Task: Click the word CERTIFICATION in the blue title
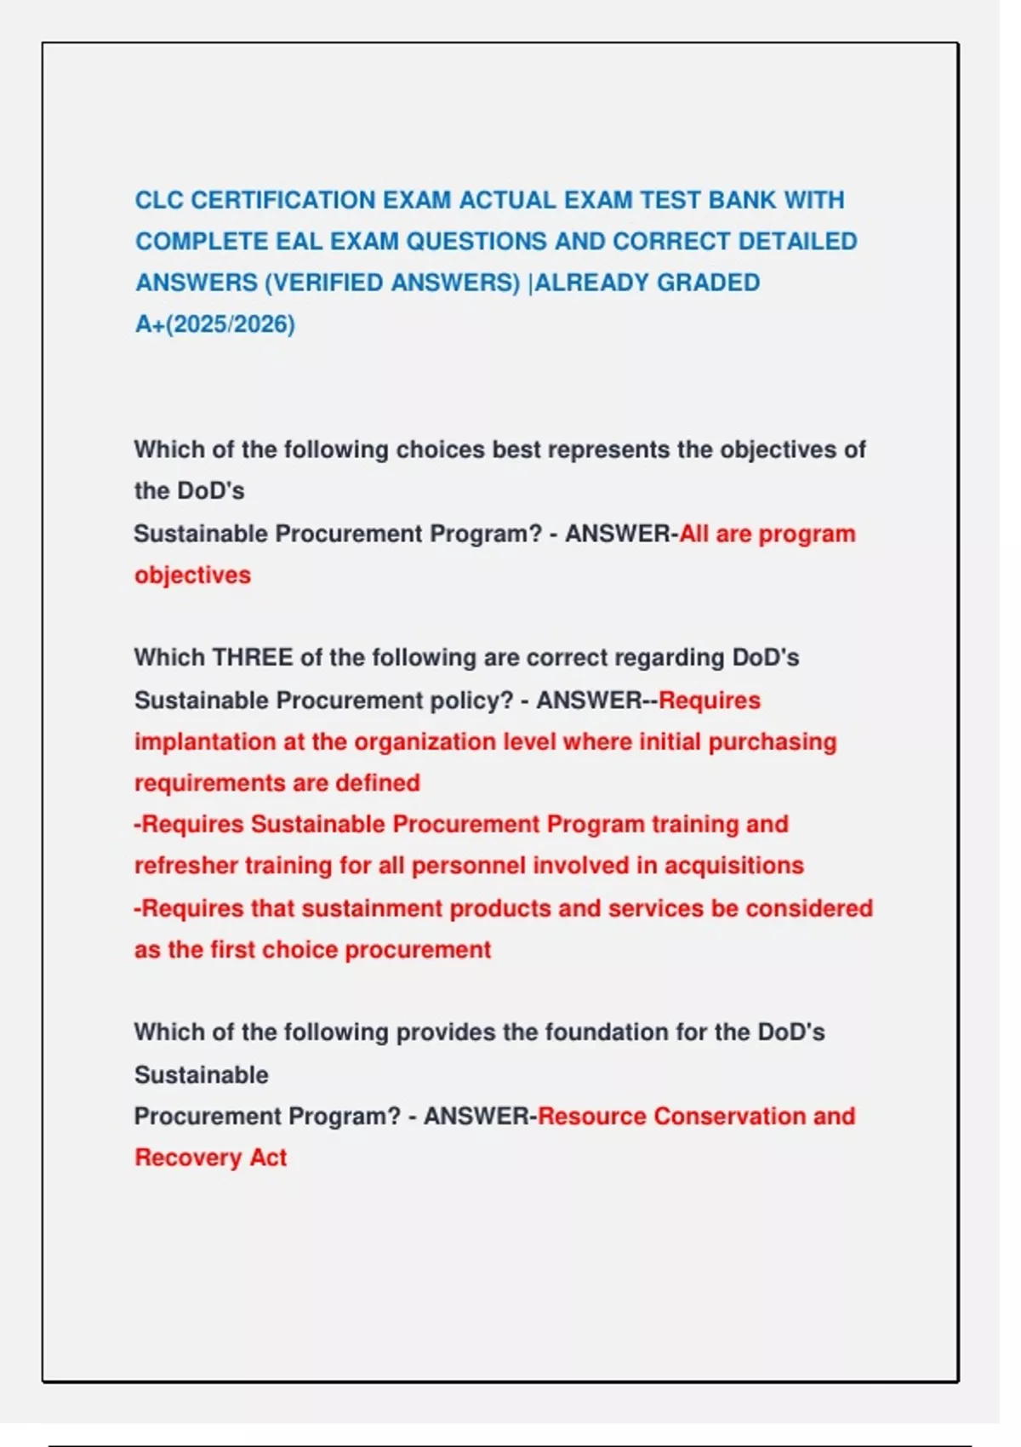pyautogui.click(x=282, y=200)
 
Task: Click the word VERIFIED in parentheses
pyautogui.click(x=328, y=283)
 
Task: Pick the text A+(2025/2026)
pyautogui.click(x=215, y=324)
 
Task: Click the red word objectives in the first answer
pyautogui.click(x=192, y=575)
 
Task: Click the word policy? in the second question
pyautogui.click(x=471, y=701)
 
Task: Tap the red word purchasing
pyautogui.click(x=773, y=742)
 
